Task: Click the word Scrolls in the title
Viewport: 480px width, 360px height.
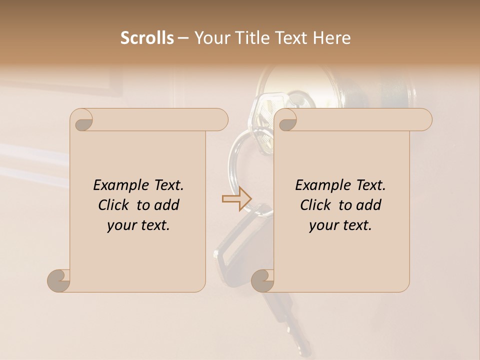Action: point(147,38)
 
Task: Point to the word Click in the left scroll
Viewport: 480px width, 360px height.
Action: point(114,205)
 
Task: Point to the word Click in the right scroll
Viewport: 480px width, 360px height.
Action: point(316,205)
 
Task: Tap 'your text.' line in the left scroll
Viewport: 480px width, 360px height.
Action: point(138,225)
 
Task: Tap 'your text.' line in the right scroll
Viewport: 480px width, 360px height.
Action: point(340,225)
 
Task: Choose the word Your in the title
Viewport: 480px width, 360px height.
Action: point(210,38)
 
